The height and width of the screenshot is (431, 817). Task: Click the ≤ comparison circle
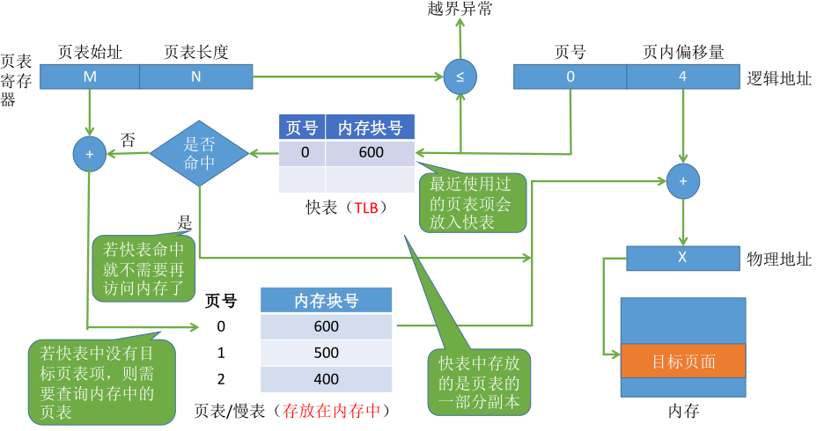pos(460,77)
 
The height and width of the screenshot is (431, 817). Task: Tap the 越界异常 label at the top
pos(460,11)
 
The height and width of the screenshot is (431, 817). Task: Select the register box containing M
pos(90,77)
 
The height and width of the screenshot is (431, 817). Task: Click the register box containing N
pos(196,77)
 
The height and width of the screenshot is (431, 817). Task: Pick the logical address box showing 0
pos(570,77)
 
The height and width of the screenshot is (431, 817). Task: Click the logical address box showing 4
pos(683,77)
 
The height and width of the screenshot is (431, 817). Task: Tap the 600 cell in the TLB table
pos(370,153)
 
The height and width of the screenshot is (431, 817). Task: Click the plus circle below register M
pos(89,153)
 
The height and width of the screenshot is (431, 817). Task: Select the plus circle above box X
pos(683,181)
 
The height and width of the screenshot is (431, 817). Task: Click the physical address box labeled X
pos(682,258)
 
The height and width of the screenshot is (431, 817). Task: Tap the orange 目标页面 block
pos(683,362)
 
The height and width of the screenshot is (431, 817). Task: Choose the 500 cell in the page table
pos(326,352)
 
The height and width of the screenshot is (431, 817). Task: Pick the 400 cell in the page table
pos(326,378)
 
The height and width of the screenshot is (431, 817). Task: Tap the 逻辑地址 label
pos(778,77)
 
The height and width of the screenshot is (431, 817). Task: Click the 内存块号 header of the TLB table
pos(370,128)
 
